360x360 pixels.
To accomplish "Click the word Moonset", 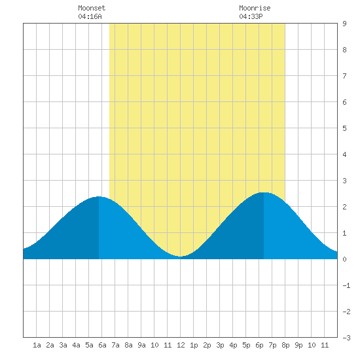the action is click(x=92, y=8).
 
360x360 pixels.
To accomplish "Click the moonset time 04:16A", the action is click(x=90, y=16).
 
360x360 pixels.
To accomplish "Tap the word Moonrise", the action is click(x=255, y=8).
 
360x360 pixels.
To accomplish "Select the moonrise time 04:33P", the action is click(x=251, y=16).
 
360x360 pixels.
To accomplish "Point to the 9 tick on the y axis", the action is click(x=344, y=24).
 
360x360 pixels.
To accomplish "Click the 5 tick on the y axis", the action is click(x=344, y=128).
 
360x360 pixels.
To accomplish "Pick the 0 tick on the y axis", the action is click(x=344, y=259).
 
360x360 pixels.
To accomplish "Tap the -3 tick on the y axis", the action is click(x=346, y=338).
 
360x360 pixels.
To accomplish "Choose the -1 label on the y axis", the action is click(x=346, y=285).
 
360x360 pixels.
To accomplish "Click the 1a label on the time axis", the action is click(x=37, y=345).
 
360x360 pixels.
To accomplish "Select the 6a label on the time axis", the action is click(x=102, y=345).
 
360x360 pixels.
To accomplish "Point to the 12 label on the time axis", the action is click(x=181, y=345).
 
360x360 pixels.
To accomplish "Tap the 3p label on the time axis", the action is click(x=220, y=345).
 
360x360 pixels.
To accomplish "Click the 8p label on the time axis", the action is click(x=285, y=345).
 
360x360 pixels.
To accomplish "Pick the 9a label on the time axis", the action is click(x=141, y=345).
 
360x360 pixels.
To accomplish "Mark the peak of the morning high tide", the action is click(x=99, y=196).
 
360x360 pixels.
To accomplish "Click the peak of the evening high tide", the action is click(x=264, y=192).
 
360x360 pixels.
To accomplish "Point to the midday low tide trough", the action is click(x=181, y=257).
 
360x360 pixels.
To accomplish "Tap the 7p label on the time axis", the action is click(x=272, y=345).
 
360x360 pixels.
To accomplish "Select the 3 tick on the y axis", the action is click(x=344, y=181).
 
